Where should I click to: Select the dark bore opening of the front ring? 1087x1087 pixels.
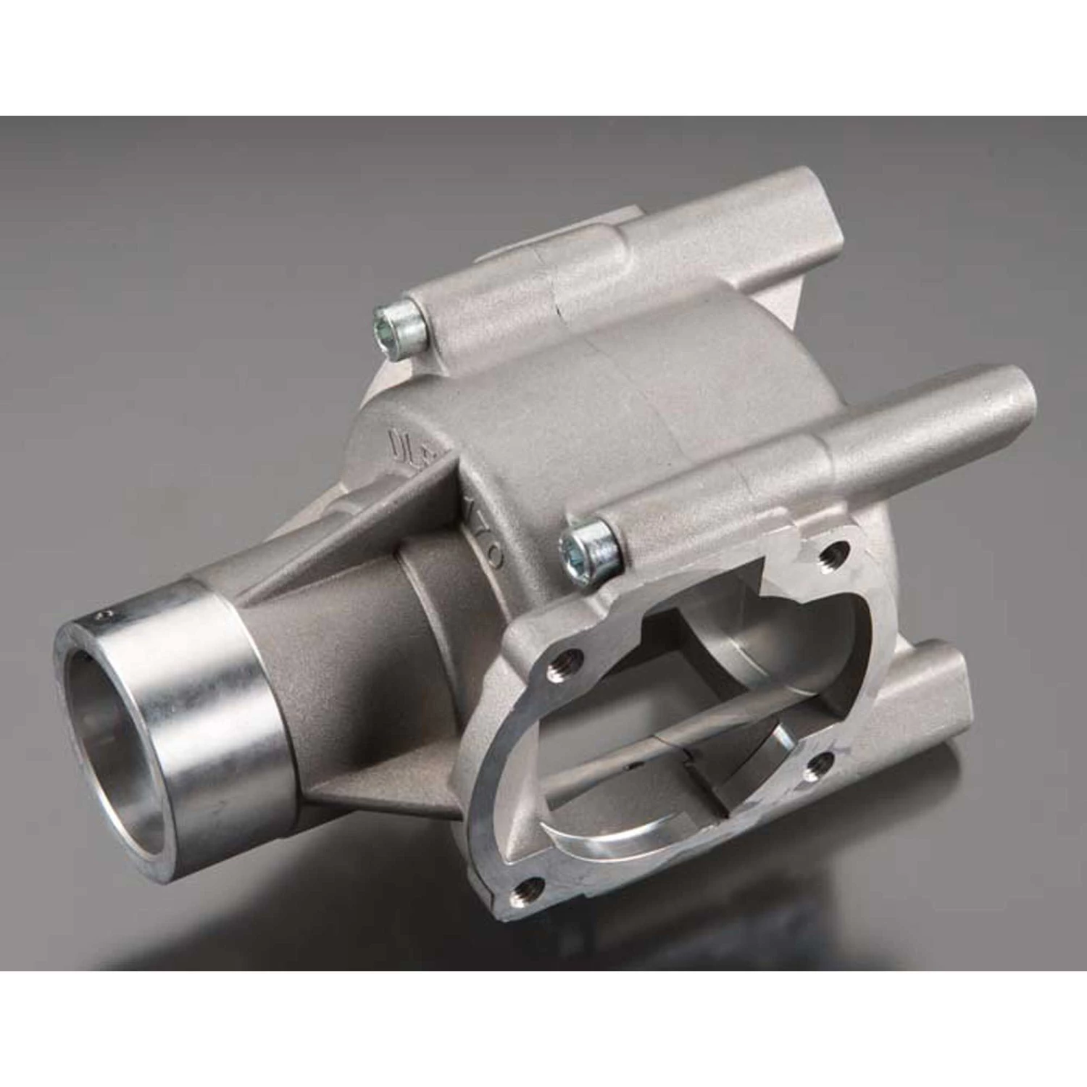(x=123, y=696)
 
